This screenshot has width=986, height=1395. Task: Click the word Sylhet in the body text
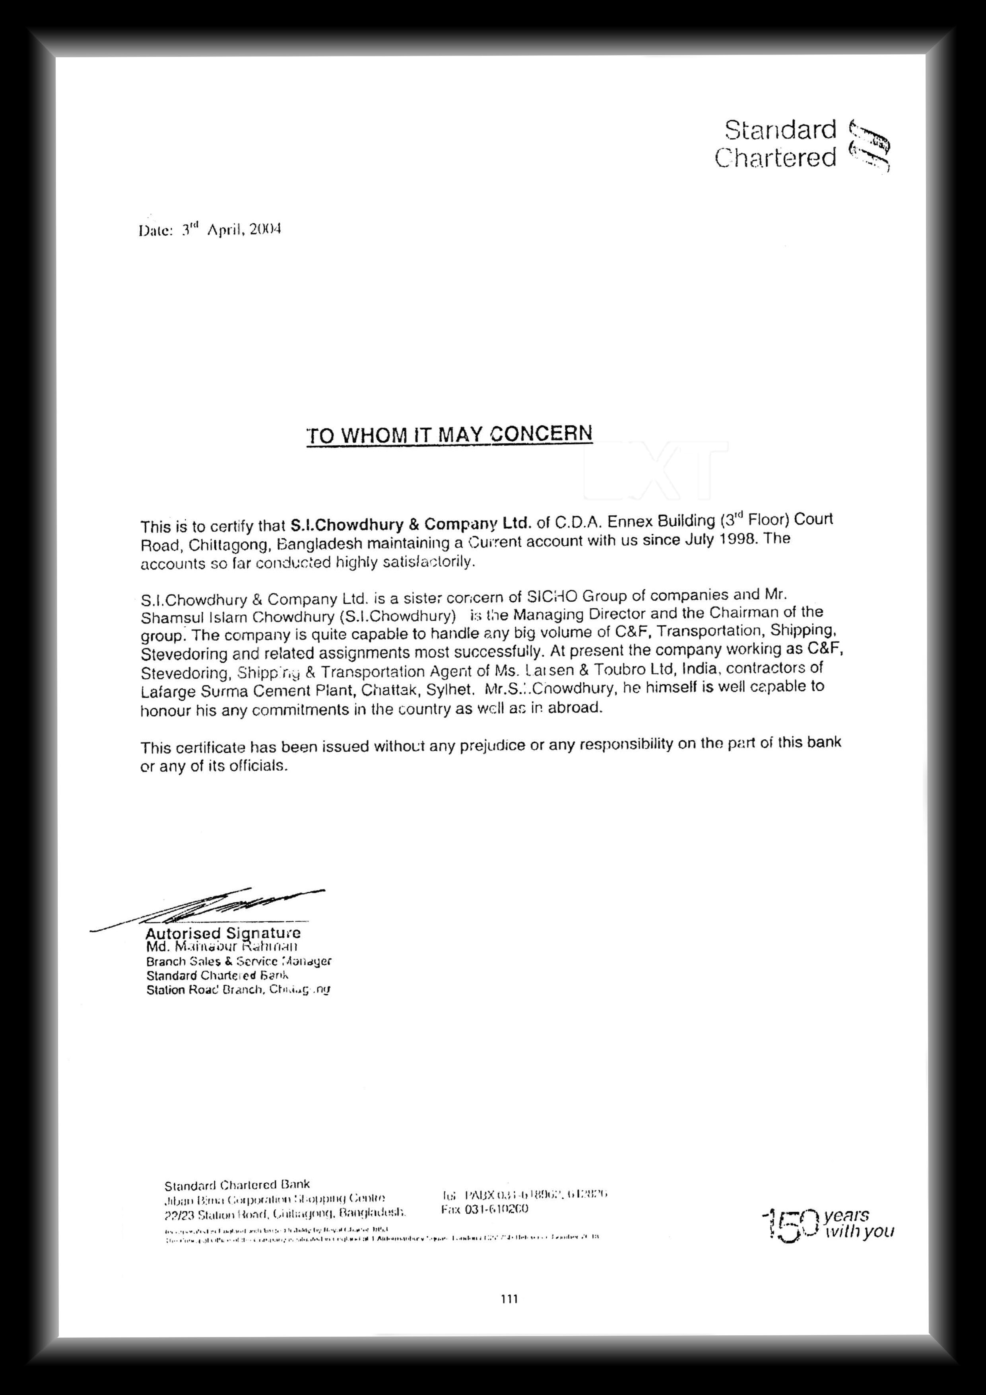click(450, 690)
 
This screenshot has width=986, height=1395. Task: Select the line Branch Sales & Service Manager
click(239, 961)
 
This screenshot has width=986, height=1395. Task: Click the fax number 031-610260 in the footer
click(485, 1209)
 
